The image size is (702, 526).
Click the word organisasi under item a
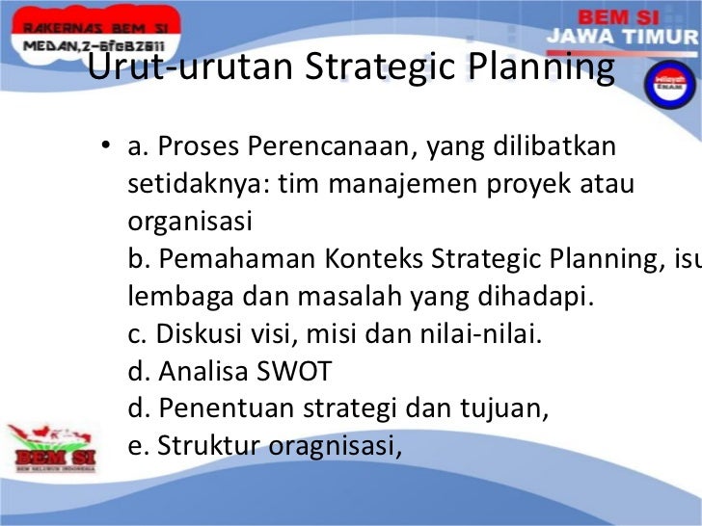tap(189, 222)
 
